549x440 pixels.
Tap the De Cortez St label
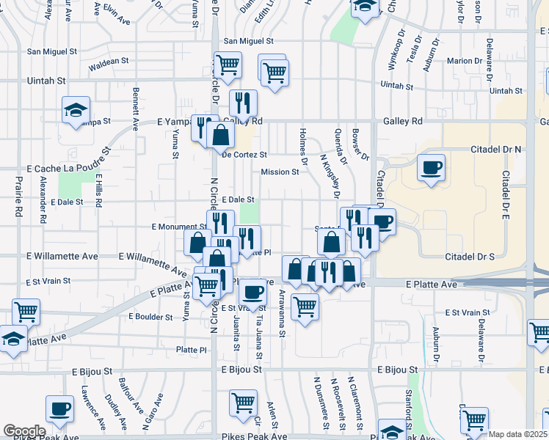pyautogui.click(x=244, y=155)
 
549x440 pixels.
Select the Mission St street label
pyautogui.click(x=280, y=172)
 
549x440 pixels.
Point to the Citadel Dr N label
pyautogui.click(x=495, y=149)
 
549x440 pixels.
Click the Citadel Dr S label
pyautogui.click(x=470, y=257)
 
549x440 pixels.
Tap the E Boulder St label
pyautogui.click(x=150, y=317)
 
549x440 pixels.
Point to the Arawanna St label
pyautogui.click(x=282, y=313)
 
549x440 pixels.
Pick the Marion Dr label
pyautogui.click(x=463, y=61)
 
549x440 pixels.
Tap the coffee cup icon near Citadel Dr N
pyautogui.click(x=430, y=166)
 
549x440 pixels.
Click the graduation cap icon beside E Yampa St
pyautogui.click(x=76, y=111)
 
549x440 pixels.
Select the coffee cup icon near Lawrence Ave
pyautogui.click(x=59, y=408)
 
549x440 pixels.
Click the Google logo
pyautogui.click(x=24, y=431)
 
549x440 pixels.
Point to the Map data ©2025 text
pyautogui.click(x=517, y=434)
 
